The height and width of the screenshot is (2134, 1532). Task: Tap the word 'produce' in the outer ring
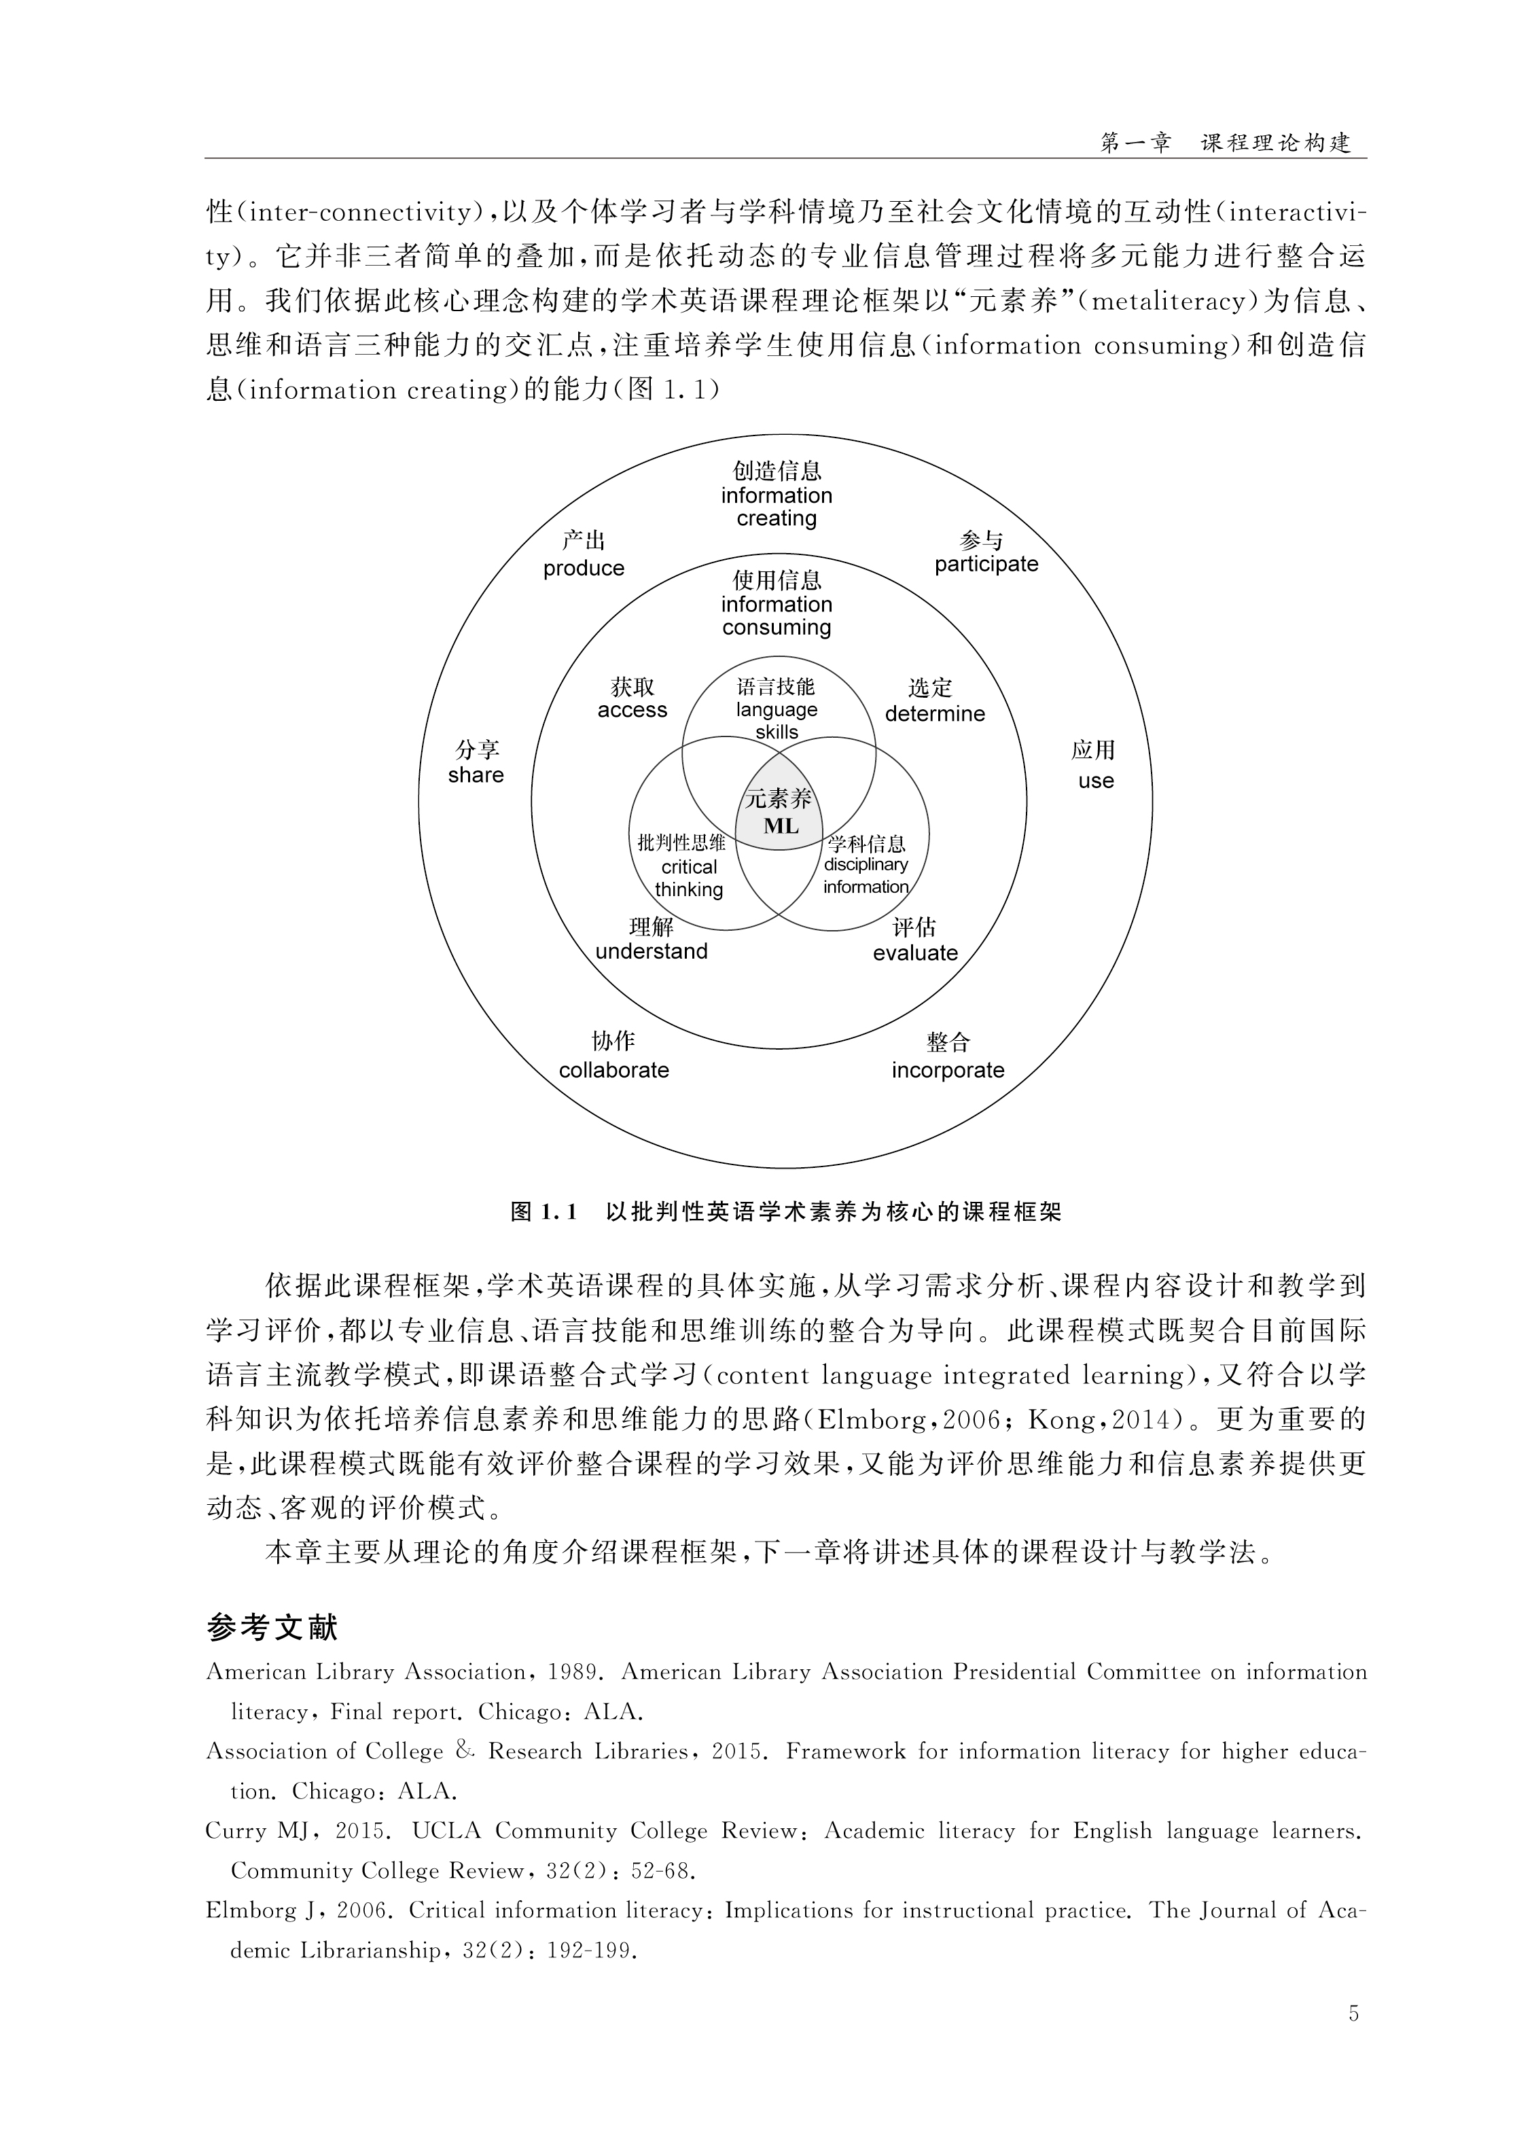pos(584,568)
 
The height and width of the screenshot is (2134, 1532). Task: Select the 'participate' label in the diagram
pos(985,565)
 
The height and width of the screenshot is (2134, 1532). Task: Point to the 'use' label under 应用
pos(1095,781)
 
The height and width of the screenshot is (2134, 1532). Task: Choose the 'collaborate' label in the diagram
pos(613,1070)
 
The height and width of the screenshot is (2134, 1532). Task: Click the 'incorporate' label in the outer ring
pos(948,1070)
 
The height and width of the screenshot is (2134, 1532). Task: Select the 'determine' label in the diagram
pos(934,714)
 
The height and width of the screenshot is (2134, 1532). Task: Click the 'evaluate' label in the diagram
pos(914,953)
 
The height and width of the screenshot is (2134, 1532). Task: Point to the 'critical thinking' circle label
pos(689,878)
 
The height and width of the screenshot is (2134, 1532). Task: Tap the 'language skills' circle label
pos(777,721)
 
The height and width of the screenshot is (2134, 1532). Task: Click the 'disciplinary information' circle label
pos(866,875)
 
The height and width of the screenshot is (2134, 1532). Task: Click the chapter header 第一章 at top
pos(1136,143)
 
